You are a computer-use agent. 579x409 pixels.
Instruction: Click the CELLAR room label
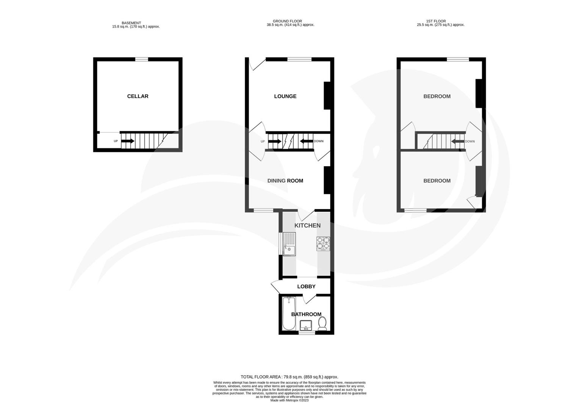click(138, 96)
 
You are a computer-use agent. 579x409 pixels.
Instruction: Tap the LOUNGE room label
click(285, 96)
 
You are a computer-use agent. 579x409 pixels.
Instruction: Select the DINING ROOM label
click(285, 181)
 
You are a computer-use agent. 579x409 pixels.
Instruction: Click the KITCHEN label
click(307, 225)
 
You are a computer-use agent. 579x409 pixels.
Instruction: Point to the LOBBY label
click(306, 286)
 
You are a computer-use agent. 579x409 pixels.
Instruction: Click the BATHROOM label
click(306, 314)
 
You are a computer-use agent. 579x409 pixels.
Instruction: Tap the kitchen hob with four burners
click(323, 244)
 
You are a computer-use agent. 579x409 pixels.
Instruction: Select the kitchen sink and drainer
click(289, 245)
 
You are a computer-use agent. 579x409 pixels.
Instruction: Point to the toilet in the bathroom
click(322, 324)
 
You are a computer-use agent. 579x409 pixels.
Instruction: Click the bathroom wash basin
click(306, 325)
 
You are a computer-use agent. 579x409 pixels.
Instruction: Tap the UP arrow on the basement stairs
click(128, 141)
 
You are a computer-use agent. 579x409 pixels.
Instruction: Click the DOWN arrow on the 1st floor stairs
click(458, 141)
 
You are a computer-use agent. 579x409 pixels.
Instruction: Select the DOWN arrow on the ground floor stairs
click(306, 141)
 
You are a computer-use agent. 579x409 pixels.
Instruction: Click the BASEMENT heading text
click(131, 23)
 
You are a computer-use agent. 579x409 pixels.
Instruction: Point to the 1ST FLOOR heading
click(440, 21)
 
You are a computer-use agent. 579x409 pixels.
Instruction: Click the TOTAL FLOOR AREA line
click(289, 377)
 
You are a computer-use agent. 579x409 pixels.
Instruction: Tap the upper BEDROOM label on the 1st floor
click(437, 96)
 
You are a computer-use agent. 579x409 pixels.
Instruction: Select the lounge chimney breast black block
click(327, 96)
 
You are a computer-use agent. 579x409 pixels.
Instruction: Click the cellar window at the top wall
click(142, 59)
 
